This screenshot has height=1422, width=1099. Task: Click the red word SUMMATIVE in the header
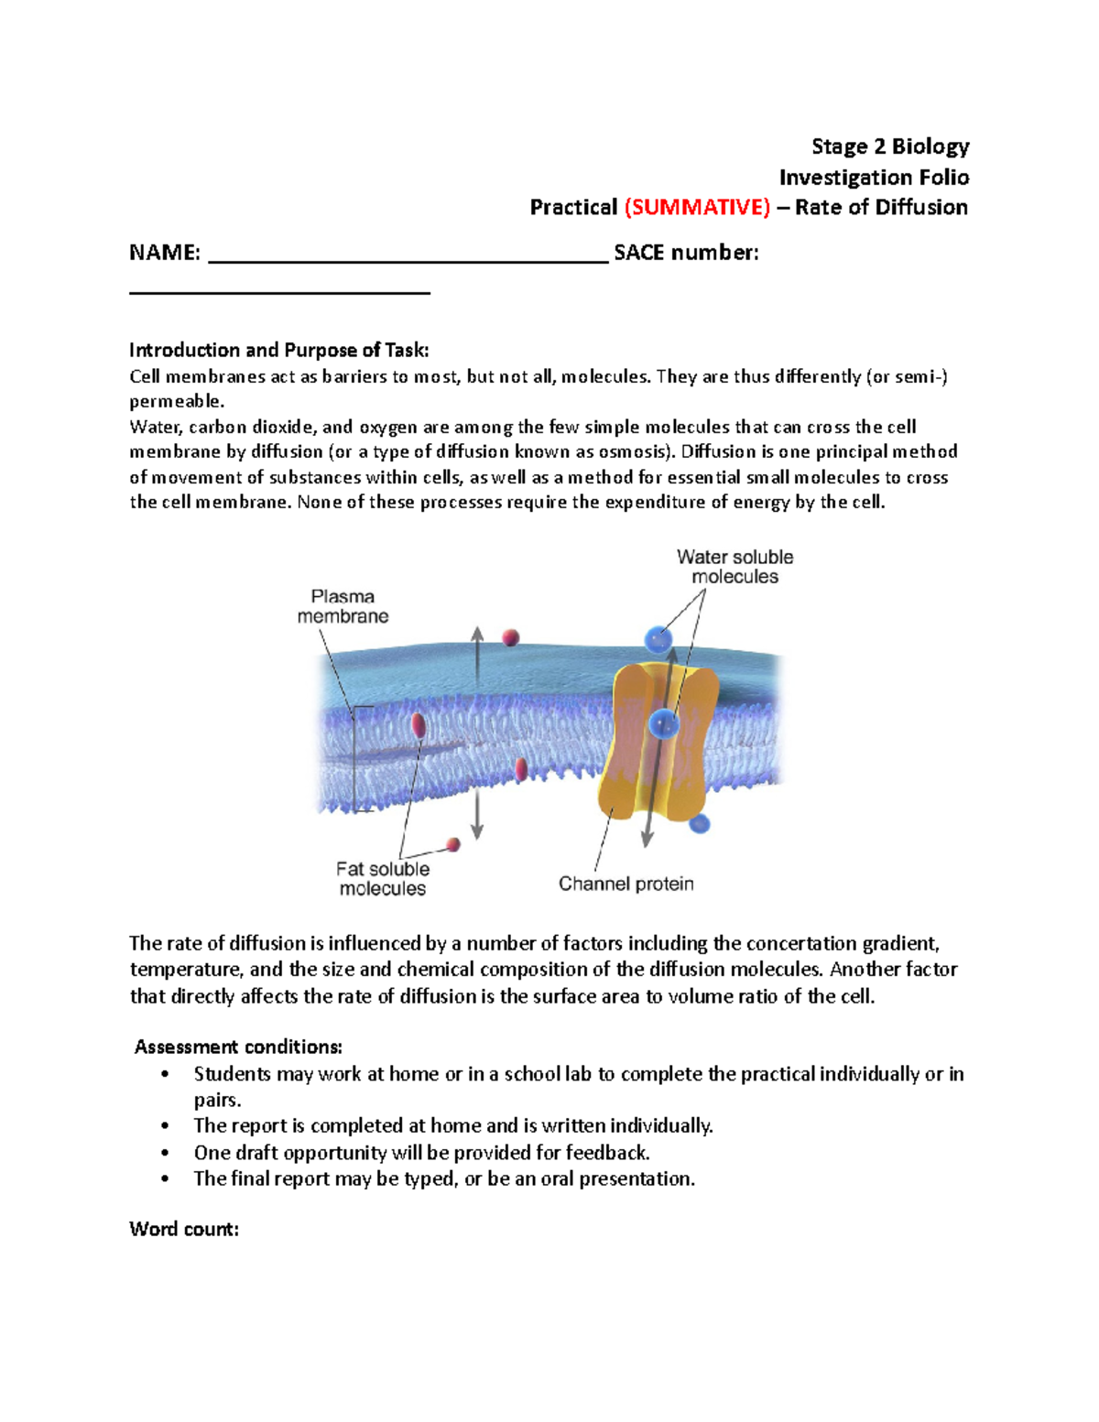(697, 208)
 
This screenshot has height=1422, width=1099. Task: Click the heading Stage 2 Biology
(889, 147)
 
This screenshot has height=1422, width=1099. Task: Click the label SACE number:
(686, 253)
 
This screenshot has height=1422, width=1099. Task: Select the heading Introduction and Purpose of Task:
(278, 350)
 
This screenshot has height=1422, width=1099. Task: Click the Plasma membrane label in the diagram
(343, 606)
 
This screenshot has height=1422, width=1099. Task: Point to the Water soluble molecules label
(734, 567)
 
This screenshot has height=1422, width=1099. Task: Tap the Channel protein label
(626, 884)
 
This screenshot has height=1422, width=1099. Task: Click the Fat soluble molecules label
(382, 878)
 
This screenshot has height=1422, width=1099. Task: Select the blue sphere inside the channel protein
(662, 724)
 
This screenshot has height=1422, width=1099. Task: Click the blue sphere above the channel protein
(658, 638)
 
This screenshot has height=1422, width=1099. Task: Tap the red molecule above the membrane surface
(510, 637)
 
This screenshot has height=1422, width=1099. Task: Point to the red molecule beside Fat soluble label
(452, 844)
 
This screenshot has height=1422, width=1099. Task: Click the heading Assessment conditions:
(238, 1047)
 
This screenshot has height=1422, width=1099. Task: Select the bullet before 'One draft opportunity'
(165, 1153)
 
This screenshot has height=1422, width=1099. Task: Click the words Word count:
(184, 1229)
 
